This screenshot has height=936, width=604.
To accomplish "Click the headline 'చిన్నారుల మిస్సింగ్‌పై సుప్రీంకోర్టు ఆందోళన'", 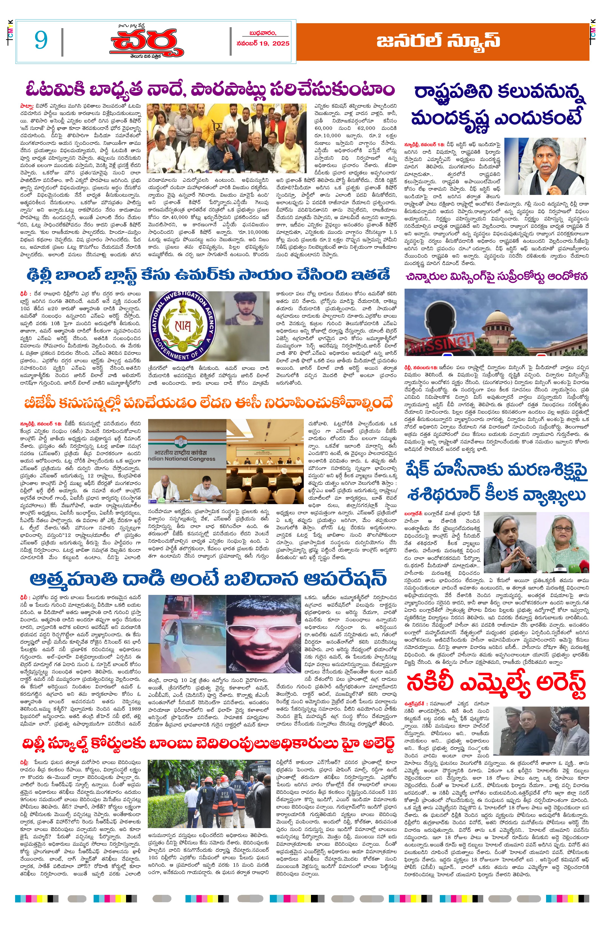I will pos(496,276).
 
